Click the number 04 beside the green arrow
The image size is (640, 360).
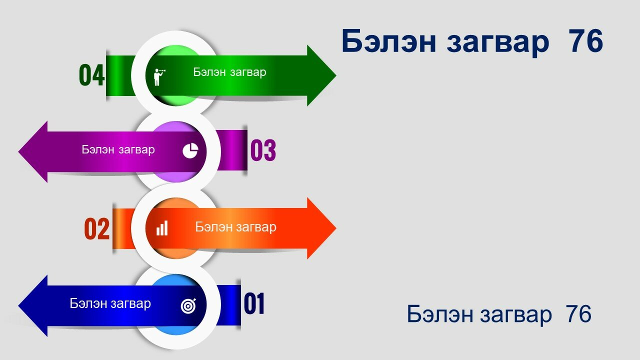[x=91, y=75]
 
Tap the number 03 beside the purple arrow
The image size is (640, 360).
[x=263, y=150]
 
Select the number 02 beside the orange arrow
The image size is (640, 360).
[x=97, y=228]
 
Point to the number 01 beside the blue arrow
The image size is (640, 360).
[x=254, y=303]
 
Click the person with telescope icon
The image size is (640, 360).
[x=159, y=77]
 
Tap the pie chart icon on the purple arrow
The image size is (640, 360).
[x=190, y=150]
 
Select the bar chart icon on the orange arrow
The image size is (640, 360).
[x=162, y=228]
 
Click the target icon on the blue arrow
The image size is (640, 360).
[x=189, y=305]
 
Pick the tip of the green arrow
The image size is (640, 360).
[x=336, y=75]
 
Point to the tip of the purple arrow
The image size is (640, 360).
[x=18, y=151]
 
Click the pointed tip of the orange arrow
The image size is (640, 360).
[x=336, y=228]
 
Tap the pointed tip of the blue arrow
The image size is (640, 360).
[x=18, y=305]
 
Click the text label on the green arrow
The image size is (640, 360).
[x=229, y=72]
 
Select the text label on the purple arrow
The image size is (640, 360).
[x=118, y=149]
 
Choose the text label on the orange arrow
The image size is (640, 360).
[x=235, y=227]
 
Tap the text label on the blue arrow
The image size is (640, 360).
[x=110, y=303]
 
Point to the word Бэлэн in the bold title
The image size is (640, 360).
[x=389, y=41]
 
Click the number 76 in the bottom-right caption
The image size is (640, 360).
[x=578, y=314]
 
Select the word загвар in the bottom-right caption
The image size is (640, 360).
[x=515, y=315]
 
